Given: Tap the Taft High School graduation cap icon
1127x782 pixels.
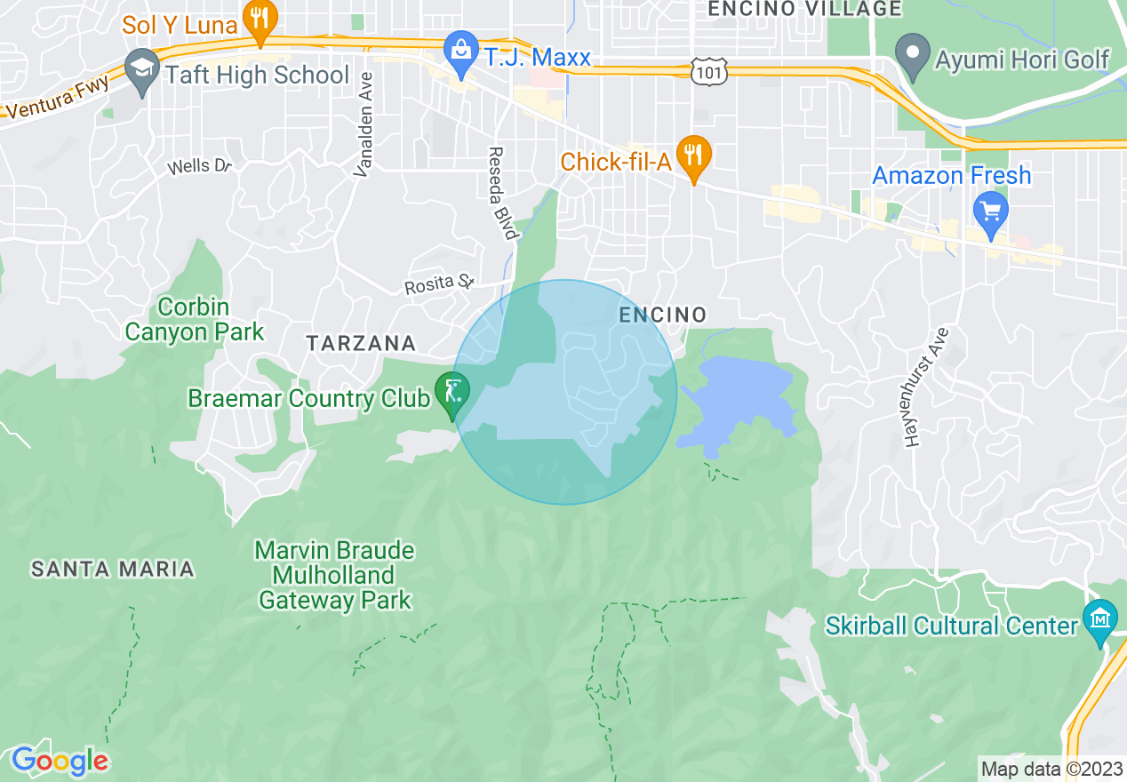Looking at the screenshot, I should tap(142, 73).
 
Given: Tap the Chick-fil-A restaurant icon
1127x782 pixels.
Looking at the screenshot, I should tap(691, 157).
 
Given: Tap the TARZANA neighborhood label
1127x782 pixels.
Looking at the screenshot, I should tap(360, 343).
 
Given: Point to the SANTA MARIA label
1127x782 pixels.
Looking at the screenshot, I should tap(112, 569).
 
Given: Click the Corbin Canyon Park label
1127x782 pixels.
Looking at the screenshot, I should tap(195, 320).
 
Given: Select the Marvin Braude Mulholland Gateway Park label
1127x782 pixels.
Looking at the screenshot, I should tap(335, 575).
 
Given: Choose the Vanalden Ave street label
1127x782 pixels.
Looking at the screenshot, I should tap(364, 124).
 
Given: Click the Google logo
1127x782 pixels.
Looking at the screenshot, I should tap(60, 761).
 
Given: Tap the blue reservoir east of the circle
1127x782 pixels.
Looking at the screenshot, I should tap(738, 396).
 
